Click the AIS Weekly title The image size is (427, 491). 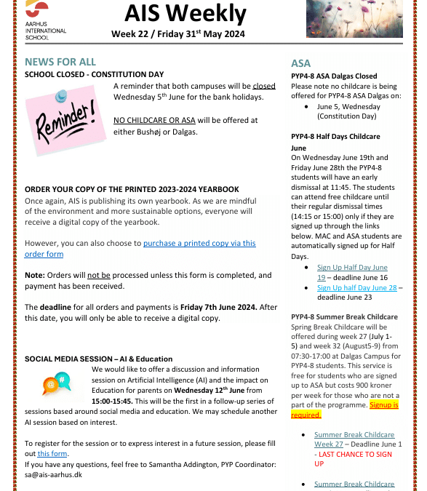185,13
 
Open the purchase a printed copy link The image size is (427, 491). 199,244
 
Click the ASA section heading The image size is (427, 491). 300,63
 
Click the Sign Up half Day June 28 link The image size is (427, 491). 356,287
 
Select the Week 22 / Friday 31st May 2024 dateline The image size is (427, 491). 177,34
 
